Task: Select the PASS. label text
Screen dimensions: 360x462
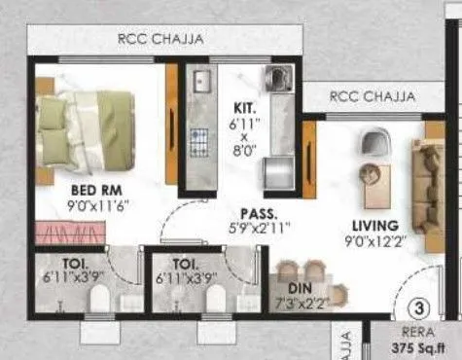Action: pyautogui.click(x=260, y=212)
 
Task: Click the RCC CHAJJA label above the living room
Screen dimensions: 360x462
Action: pyautogui.click(x=372, y=96)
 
